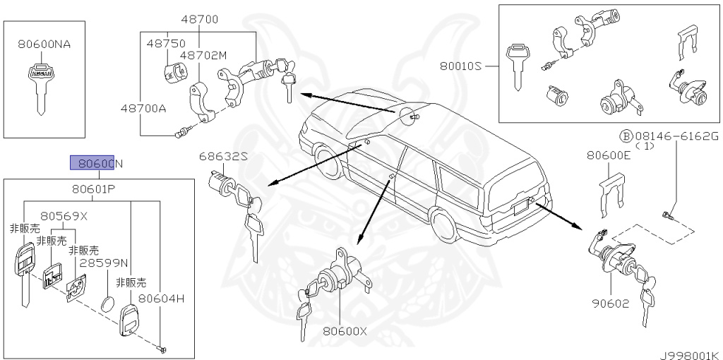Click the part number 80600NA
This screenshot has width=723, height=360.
[x=44, y=44]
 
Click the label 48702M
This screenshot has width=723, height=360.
[x=203, y=55]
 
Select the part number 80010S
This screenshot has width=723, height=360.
[x=460, y=66]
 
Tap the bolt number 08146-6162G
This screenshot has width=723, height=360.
[x=676, y=135]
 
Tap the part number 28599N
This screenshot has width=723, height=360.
[x=103, y=263]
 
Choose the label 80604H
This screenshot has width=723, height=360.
[x=161, y=299]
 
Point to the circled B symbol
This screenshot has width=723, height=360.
[x=626, y=136]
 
